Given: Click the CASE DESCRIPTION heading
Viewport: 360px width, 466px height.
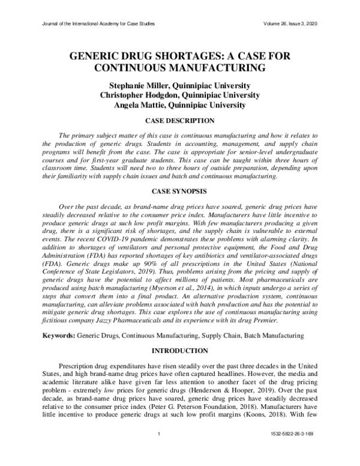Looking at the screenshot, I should coord(180,121).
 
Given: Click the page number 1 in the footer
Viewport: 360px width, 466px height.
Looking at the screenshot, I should coord(158,450).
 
